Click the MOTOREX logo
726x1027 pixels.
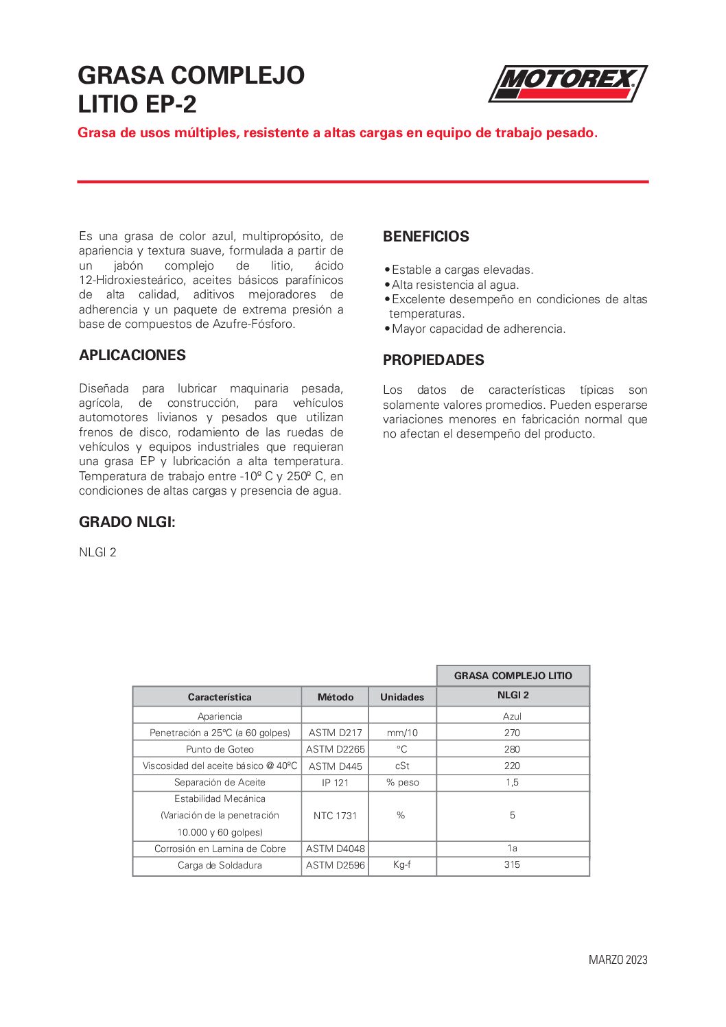[567, 84]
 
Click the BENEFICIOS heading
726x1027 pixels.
[425, 237]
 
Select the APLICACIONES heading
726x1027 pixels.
[132, 355]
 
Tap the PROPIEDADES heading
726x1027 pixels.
[433, 360]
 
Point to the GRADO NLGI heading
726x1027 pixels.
[127, 522]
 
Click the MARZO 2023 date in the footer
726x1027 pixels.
[618, 960]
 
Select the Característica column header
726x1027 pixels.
[220, 697]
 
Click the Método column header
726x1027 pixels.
[335, 697]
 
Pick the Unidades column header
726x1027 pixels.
[402, 697]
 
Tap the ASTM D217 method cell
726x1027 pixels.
[335, 733]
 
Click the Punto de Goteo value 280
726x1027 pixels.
[512, 749]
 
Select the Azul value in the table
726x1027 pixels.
[512, 716]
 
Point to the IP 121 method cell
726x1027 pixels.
[335, 782]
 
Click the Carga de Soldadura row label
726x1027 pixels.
[220, 865]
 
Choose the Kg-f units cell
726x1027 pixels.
[402, 864]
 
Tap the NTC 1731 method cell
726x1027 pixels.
[335, 816]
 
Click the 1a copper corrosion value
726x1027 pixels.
[512, 849]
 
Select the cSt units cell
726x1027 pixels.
[402, 766]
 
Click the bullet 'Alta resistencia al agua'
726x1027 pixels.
[455, 285]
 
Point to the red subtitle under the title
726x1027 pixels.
[338, 133]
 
